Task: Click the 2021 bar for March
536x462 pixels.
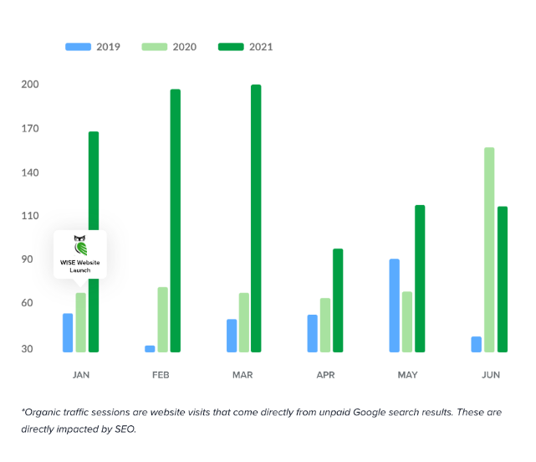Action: coord(256,218)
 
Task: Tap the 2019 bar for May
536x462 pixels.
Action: coord(395,305)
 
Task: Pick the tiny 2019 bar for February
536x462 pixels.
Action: coord(150,348)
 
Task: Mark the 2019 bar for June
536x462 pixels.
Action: coord(476,344)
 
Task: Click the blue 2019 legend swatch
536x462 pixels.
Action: coord(79,47)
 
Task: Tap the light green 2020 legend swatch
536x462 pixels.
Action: coord(155,47)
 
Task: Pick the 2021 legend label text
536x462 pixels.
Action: coord(261,47)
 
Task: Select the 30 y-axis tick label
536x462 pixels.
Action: coord(28,348)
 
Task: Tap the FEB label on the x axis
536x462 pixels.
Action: coord(161,375)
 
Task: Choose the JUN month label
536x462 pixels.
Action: coord(491,375)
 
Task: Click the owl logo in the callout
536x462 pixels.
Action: coord(80,246)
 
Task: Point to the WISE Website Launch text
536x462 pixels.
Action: coord(80,266)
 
